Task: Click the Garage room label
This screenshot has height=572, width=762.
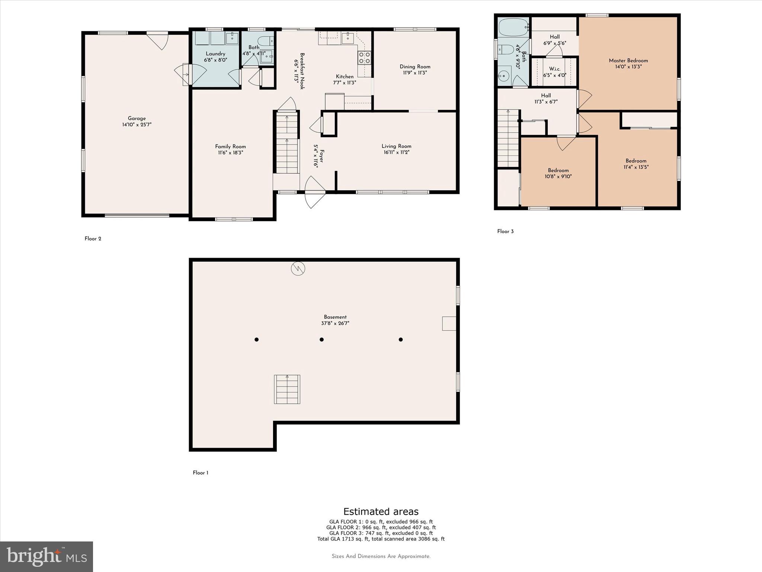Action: [137, 118]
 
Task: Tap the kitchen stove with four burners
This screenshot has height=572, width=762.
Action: [364, 58]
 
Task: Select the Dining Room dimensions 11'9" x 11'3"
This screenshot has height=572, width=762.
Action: [415, 73]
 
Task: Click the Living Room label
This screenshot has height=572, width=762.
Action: [396, 146]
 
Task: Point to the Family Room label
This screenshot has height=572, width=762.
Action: [230, 146]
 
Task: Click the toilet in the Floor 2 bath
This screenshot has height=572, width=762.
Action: [266, 41]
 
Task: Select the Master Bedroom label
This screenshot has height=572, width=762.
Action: [628, 61]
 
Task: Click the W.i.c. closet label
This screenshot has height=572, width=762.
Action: [554, 69]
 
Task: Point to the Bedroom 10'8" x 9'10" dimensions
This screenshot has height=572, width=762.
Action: [558, 177]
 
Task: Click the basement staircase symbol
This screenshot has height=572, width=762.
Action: [287, 390]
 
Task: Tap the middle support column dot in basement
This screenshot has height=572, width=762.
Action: [321, 340]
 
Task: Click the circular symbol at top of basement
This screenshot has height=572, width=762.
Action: [298, 268]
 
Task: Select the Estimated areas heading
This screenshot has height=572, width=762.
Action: [381, 511]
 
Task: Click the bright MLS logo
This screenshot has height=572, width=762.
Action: [47, 556]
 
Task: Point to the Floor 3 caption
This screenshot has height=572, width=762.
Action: [505, 232]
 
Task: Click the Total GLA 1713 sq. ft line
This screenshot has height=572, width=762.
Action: [381, 539]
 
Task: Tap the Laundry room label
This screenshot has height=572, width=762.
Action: [215, 54]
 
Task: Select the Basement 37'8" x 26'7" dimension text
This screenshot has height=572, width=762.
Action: [335, 324]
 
